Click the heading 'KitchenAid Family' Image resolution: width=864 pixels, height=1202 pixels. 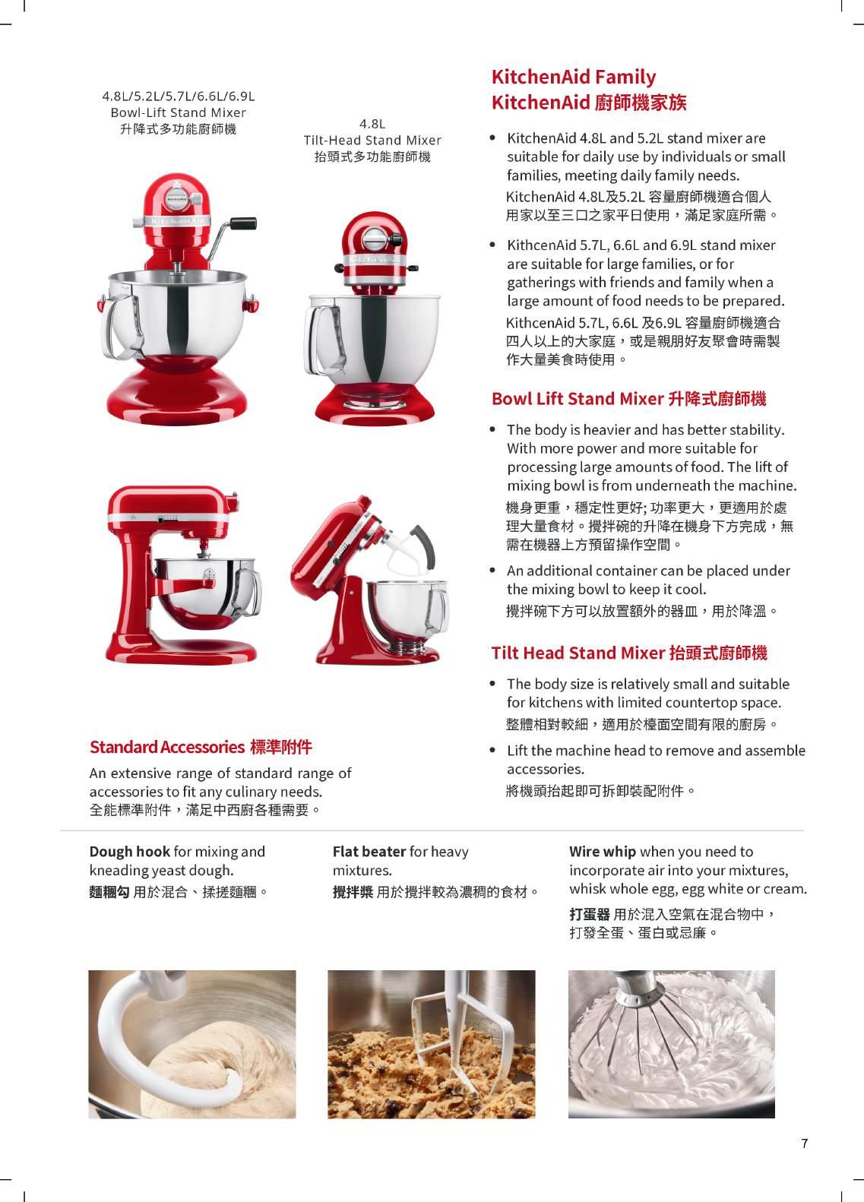pos(573,77)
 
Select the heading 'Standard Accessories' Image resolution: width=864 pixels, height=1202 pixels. pos(167,747)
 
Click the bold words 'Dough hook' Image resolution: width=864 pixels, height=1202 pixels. pos(129,852)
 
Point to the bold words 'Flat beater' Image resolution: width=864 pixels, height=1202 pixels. pos(369,852)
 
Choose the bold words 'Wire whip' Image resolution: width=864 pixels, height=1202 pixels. pos(602,852)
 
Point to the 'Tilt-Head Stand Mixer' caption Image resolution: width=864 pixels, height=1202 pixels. pos(372,140)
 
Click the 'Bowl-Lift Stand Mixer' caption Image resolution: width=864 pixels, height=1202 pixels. pos(178,112)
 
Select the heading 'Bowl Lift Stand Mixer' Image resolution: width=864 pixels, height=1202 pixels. pos(578,399)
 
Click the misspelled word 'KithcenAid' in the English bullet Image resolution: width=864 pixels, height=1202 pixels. pos(542,245)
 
